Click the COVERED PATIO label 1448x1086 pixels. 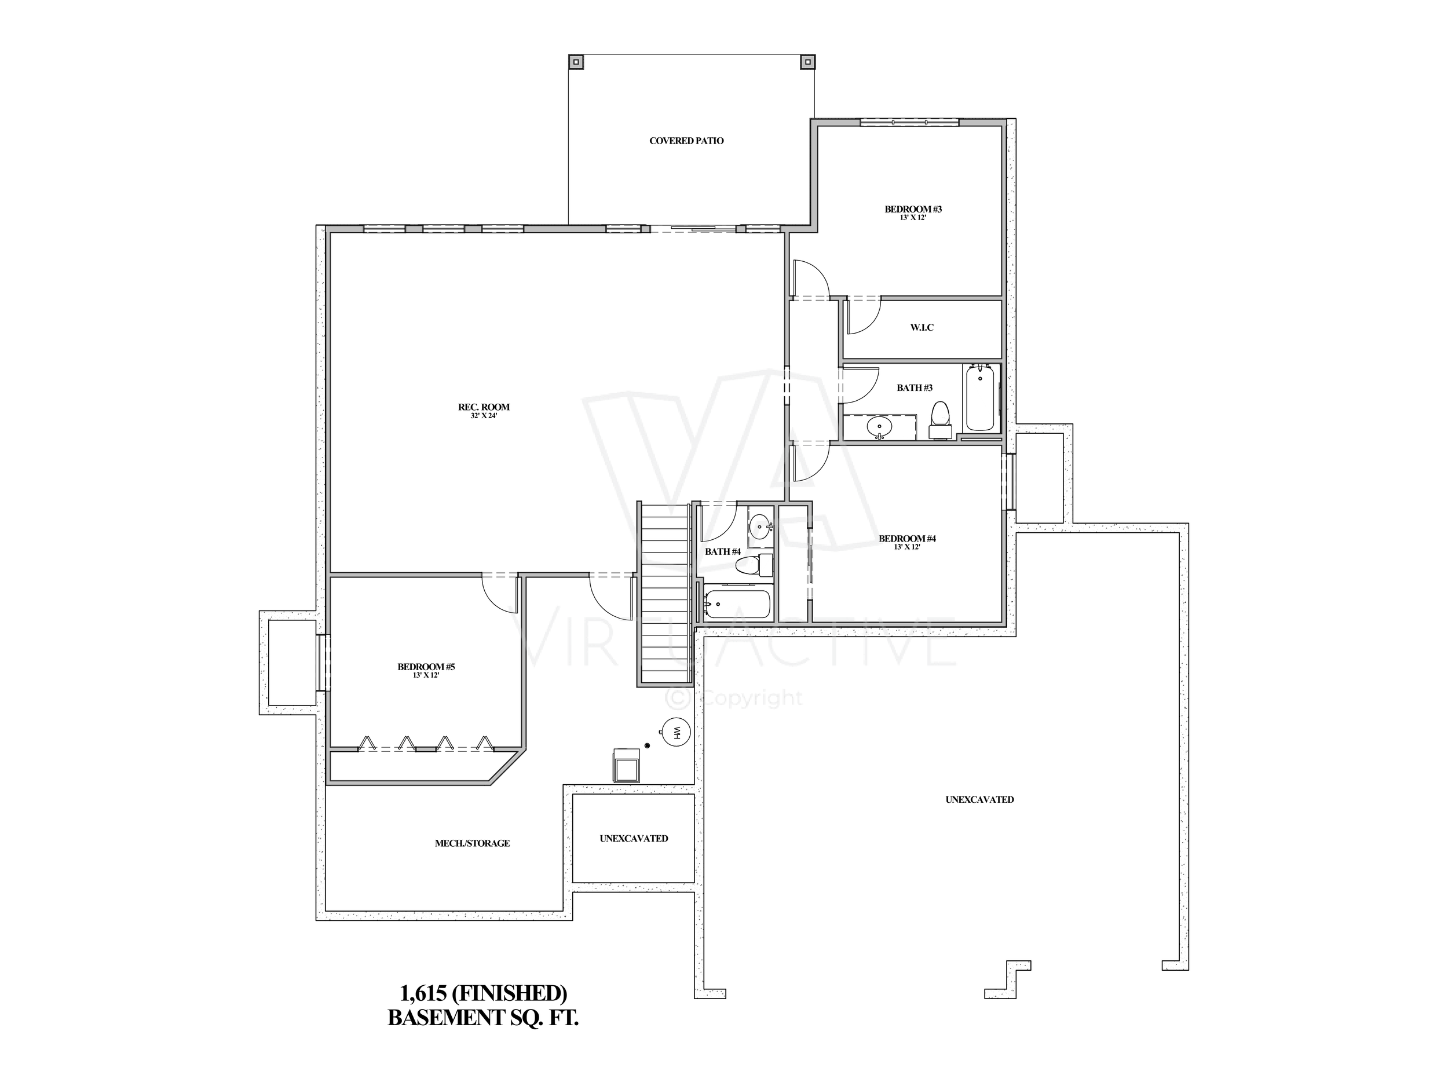pyautogui.click(x=686, y=141)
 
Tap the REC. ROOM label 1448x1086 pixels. pyautogui.click(x=484, y=407)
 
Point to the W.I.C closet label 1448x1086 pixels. pyautogui.click(x=922, y=327)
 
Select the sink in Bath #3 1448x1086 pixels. pyautogui.click(x=879, y=427)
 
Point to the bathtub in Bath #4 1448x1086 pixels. pyautogui.click(x=738, y=605)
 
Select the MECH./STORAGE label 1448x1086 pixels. pyautogui.click(x=472, y=844)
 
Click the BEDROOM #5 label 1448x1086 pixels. pyautogui.click(x=426, y=667)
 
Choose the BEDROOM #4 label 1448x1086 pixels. pyautogui.click(x=906, y=539)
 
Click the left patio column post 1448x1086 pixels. pyautogui.click(x=576, y=61)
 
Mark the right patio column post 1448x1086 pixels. pyautogui.click(x=807, y=61)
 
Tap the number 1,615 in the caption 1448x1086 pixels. pyautogui.click(x=423, y=993)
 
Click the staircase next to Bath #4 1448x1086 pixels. pyautogui.click(x=665, y=593)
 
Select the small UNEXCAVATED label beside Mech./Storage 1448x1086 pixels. pyautogui.click(x=634, y=839)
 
